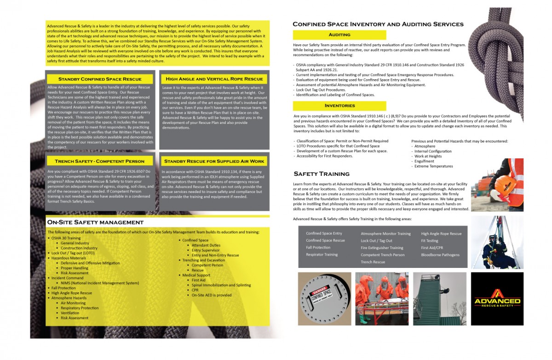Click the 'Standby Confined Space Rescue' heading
tap(99, 79)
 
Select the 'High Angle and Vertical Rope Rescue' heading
tap(214, 79)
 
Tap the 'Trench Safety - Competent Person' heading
tap(99, 161)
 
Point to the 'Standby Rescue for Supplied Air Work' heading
tap(214, 161)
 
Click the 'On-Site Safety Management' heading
tap(95, 222)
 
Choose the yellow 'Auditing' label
tap(339, 35)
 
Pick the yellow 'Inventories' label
tap(339, 106)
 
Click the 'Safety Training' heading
tap(321, 174)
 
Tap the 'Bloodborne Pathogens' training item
tap(440, 255)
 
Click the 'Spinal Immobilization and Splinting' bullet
tap(221, 285)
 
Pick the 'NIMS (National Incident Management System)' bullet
tap(99, 283)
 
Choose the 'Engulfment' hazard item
tap(424, 161)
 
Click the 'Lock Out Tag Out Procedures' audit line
tap(320, 90)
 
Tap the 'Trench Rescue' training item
tap(373, 262)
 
